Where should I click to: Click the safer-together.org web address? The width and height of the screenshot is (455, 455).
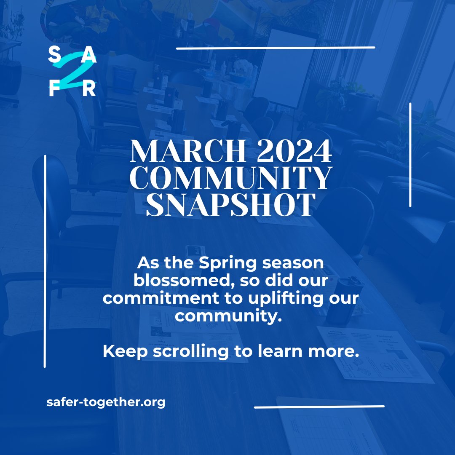point(106,402)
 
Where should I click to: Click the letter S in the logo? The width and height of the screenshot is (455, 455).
point(54,54)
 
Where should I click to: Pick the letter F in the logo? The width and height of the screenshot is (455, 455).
point(54,89)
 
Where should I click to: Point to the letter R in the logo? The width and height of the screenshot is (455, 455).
point(89,89)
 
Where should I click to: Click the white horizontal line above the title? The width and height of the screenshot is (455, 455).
point(276,48)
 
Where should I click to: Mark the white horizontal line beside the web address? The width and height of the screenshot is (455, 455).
point(319,407)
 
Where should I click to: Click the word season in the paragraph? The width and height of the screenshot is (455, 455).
point(292,264)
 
